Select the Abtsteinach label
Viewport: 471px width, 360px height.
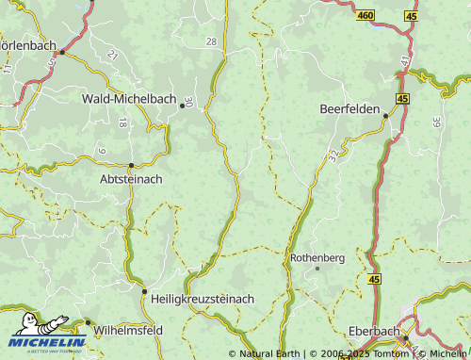[x=131, y=178]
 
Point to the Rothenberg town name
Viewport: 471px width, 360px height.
[x=317, y=257]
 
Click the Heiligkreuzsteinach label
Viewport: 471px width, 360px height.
[x=203, y=299]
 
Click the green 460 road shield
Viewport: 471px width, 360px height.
[x=365, y=16]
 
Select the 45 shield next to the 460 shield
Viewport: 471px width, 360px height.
[x=411, y=16]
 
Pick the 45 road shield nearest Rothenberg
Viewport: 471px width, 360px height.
[x=375, y=280]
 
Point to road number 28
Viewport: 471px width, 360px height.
[x=210, y=41]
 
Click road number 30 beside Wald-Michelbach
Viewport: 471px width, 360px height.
[x=189, y=102]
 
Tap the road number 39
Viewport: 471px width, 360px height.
[x=435, y=122]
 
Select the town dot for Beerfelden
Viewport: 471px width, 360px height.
[x=385, y=115]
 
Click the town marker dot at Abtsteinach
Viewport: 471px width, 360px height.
[x=131, y=165]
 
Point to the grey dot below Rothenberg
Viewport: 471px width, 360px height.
[x=317, y=269]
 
